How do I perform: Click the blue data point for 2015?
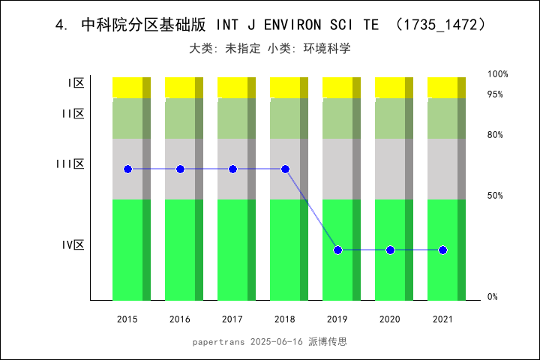coord(127,169)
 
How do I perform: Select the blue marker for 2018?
coord(285,169)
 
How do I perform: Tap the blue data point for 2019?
coord(337,250)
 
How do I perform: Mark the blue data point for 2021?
coord(442,250)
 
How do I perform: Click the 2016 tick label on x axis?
coord(180,319)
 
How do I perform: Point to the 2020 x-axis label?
coord(390,319)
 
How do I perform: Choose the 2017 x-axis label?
coord(232,319)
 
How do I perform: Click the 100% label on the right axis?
coord(498,74)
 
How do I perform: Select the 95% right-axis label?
coord(495,94)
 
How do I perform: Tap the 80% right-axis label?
coord(495,135)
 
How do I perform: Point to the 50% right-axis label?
coord(495,196)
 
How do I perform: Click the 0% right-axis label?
coord(493,297)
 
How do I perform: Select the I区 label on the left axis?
coord(76,83)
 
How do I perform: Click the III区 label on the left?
coord(70,163)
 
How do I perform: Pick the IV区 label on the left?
coord(73,244)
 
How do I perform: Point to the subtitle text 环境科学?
coord(327,49)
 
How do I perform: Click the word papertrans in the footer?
coord(218,341)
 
